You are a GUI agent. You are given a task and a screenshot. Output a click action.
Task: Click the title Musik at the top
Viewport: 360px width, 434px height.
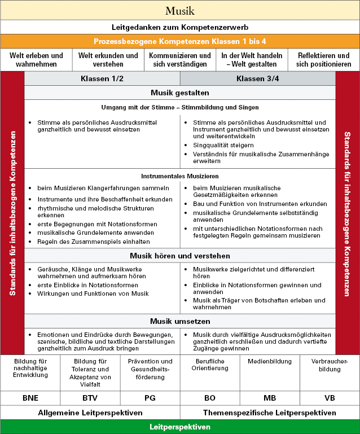(x=180, y=11)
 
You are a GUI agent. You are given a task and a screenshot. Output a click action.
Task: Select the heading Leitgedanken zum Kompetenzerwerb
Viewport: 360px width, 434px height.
(x=180, y=27)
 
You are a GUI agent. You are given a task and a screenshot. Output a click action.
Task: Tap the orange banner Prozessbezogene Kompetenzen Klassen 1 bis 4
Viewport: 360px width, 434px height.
(x=180, y=41)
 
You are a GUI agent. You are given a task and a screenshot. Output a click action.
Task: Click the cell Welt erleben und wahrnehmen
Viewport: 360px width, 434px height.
(x=37, y=60)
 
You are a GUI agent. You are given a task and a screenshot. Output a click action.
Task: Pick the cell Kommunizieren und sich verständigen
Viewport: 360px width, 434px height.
(x=180, y=60)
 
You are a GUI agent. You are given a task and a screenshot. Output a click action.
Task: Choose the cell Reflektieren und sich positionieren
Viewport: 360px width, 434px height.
(x=323, y=60)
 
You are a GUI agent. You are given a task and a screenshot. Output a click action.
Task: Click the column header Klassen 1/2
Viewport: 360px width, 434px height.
(x=102, y=78)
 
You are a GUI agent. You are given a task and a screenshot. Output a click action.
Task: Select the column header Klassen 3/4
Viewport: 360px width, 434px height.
(x=258, y=78)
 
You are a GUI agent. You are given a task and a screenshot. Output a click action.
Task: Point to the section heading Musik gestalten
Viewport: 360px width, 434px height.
(x=180, y=93)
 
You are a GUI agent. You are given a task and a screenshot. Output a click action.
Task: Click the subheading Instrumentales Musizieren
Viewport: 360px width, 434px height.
(x=180, y=176)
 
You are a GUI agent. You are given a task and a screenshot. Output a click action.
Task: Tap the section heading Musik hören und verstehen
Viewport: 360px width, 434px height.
(x=180, y=255)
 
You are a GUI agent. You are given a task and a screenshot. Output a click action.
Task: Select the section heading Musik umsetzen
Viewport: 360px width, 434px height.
(x=180, y=322)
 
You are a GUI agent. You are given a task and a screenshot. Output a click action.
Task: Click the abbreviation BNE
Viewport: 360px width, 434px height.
(x=30, y=398)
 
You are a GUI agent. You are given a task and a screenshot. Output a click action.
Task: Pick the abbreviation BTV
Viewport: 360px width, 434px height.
(x=90, y=398)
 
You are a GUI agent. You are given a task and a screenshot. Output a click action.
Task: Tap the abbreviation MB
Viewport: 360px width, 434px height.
(x=270, y=398)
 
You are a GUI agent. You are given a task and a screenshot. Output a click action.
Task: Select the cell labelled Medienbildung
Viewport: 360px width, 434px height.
(x=270, y=361)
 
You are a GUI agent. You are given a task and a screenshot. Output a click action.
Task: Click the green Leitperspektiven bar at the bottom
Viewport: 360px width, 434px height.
(x=180, y=427)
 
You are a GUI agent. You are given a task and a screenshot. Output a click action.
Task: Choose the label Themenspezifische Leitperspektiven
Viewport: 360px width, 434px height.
(x=270, y=413)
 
